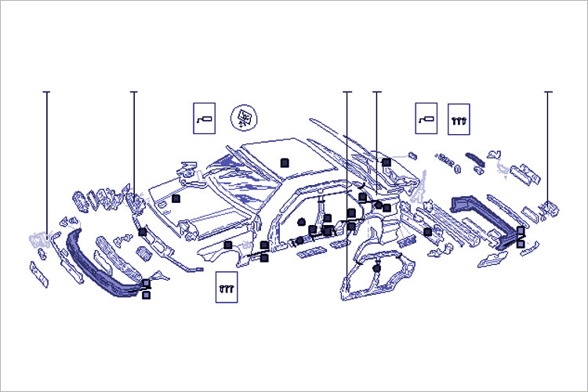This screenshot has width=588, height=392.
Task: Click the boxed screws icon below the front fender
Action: pyautogui.click(x=226, y=287)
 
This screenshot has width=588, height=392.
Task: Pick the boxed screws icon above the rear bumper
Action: pyautogui.click(x=459, y=118)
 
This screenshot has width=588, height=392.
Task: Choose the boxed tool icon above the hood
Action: pyautogui.click(x=204, y=118)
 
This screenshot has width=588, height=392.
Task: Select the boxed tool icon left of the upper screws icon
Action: pyautogui.click(x=426, y=118)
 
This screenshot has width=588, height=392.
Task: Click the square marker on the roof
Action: pyautogui.click(x=285, y=162)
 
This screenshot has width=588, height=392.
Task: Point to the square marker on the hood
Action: pyautogui.click(x=176, y=198)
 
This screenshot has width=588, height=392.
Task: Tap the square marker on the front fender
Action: pyautogui.click(x=227, y=245)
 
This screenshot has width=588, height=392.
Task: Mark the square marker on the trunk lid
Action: pyautogui.click(x=387, y=162)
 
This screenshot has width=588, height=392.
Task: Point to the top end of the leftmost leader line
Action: pyautogui.click(x=46, y=93)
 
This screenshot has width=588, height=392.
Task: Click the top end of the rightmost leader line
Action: pyautogui.click(x=548, y=93)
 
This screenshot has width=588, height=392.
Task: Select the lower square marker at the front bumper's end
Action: pyautogui.click(x=146, y=295)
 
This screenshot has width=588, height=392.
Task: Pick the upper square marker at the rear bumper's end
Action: pyautogui.click(x=521, y=230)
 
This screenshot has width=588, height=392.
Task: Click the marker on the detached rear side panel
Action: pyautogui.click(x=377, y=269)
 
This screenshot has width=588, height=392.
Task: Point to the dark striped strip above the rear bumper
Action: pyautogui.click(x=474, y=157)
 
